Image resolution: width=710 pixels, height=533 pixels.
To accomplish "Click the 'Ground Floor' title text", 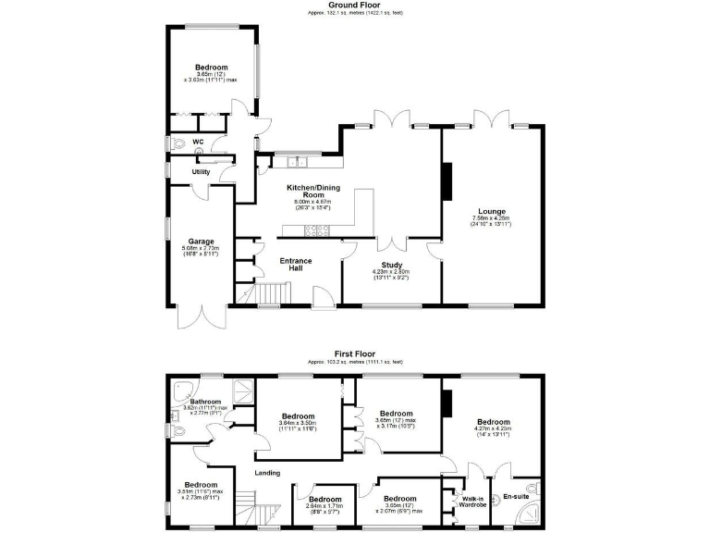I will [x=355, y=5].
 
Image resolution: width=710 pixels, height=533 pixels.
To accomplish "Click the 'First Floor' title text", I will [x=355, y=353].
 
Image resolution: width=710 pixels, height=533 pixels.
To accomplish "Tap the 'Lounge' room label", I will [x=490, y=211].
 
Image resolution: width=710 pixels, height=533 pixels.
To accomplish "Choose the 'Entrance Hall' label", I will [x=296, y=265].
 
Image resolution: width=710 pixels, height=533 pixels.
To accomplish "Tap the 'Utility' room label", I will [x=201, y=172].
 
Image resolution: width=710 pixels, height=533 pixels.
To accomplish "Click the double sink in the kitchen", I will [x=296, y=163].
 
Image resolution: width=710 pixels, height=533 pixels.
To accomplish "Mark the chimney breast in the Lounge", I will [x=447, y=180].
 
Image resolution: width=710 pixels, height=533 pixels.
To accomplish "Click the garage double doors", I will [x=201, y=317].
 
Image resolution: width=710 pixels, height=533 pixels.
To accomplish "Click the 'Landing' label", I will [x=268, y=473].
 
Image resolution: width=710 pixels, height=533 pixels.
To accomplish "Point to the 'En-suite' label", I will [x=514, y=497].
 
